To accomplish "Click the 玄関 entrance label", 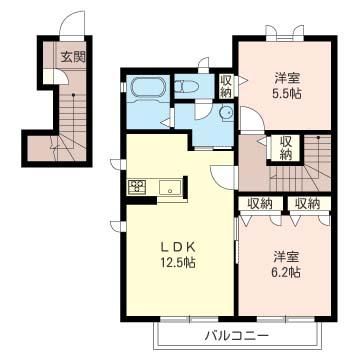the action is click(x=73, y=57).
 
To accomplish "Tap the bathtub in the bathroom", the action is click(x=148, y=88).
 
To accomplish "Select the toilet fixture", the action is click(x=187, y=87).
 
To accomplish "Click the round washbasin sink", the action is click(x=227, y=112).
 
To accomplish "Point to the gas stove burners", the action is click(x=137, y=186).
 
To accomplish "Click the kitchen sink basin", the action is click(x=170, y=187).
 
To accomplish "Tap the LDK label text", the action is click(x=177, y=247).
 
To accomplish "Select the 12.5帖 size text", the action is click(x=177, y=262).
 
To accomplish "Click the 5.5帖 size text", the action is click(x=288, y=94).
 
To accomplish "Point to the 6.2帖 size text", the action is click(x=287, y=272).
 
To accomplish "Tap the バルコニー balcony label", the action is click(x=236, y=335).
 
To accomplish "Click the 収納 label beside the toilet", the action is click(x=226, y=86).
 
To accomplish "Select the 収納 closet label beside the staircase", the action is click(x=286, y=148).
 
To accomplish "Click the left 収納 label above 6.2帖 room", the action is click(x=260, y=203).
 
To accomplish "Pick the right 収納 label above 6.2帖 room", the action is click(x=308, y=203).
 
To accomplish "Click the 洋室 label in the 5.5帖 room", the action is click(x=288, y=79).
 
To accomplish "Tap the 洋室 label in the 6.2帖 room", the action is click(x=287, y=257).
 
